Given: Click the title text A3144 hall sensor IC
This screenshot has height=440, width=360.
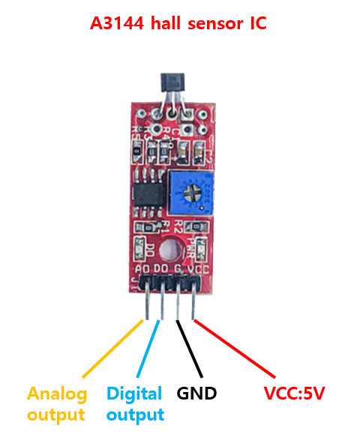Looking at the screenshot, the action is tap(178, 23).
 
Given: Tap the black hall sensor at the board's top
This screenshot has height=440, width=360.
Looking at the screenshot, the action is tap(172, 82).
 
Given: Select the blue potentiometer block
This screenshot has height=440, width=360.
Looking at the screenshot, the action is tap(191, 193).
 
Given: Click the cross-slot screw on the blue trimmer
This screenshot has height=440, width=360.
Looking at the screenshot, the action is tap(192, 193).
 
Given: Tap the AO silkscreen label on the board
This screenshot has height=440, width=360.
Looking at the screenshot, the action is tap(142, 269).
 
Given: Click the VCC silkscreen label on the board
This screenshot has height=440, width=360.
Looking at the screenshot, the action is tap(199, 270).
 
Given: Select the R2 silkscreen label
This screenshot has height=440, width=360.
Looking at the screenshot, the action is tap(178, 226).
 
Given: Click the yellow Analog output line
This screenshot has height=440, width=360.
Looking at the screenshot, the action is tap(112, 349).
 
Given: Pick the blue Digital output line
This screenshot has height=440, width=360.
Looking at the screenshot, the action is tap(148, 349).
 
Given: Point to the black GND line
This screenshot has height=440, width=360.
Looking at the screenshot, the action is tap(189, 349).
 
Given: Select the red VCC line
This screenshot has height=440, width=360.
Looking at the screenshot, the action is tap(235, 349).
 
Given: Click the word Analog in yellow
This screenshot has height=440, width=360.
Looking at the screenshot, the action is tap(57, 394).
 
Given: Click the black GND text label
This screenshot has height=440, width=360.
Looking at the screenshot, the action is tap(196, 393).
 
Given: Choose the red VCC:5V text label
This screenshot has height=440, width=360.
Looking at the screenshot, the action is tap(294, 393).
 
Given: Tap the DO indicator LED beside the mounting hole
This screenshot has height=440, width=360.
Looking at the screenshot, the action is tap(139, 249).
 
